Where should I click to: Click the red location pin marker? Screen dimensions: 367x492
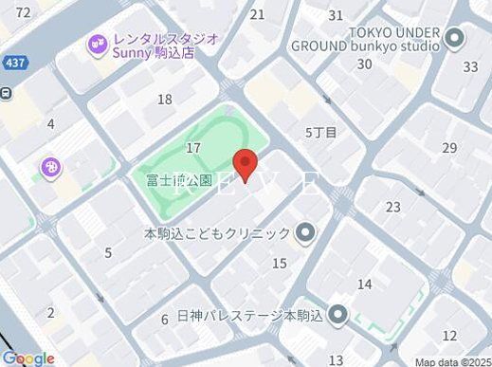(246, 164)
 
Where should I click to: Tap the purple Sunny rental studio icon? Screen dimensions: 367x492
(96, 44)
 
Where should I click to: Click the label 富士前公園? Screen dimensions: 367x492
(172, 178)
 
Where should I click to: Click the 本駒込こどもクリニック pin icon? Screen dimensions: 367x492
(304, 232)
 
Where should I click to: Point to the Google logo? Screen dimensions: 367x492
(27, 358)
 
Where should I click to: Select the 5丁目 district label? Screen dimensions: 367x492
(320, 133)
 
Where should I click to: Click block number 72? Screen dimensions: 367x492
(24, 12)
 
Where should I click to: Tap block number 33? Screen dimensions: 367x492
(470, 66)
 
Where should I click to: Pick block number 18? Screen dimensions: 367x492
(165, 100)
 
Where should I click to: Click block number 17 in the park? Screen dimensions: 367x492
(194, 147)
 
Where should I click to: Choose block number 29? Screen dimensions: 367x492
(449, 147)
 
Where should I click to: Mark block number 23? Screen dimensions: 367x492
(392, 207)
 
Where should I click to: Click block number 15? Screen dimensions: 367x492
(279, 263)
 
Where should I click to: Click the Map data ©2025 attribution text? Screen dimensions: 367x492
(452, 361)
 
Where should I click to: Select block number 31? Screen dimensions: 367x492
(336, 15)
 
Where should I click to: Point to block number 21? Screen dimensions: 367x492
(257, 14)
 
